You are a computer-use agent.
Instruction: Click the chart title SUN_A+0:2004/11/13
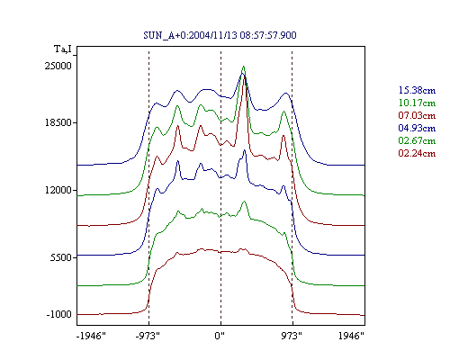point(190,35)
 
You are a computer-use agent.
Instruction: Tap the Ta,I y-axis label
point(63,49)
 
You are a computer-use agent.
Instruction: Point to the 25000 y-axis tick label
point(58,66)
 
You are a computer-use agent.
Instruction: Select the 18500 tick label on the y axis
point(58,122)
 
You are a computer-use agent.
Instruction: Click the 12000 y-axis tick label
point(58,190)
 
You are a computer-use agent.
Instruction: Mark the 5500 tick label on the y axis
point(61,257)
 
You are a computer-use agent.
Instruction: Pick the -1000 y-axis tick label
point(58,314)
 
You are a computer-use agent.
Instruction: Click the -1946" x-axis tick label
point(91,336)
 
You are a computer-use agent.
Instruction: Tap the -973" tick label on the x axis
point(148,336)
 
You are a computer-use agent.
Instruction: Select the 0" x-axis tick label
point(220,336)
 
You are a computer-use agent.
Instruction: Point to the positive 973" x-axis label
point(292,336)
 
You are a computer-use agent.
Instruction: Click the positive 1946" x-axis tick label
point(351,336)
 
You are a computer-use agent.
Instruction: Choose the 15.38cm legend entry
point(417,90)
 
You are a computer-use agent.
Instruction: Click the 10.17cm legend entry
point(417,103)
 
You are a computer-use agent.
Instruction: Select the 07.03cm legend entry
point(417,115)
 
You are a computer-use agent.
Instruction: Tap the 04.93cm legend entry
point(417,128)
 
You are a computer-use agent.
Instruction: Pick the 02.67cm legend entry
point(417,140)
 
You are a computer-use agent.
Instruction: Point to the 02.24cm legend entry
point(417,153)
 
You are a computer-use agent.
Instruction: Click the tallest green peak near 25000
point(244,67)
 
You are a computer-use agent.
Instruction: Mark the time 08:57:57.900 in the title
point(268,35)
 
